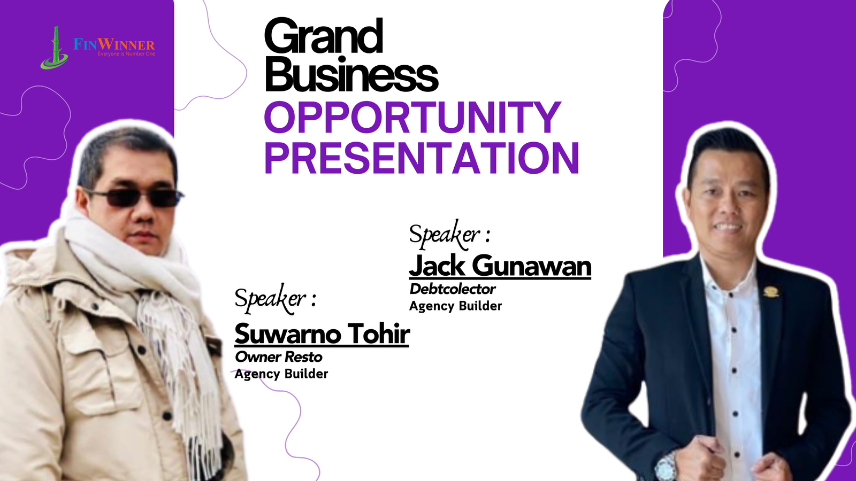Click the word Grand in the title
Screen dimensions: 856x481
pyautogui.click(x=323, y=37)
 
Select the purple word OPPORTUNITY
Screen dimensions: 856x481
pyautogui.click(x=412, y=117)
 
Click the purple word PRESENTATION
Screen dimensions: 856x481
pyautogui.click(x=422, y=158)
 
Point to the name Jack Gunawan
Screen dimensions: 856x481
pyautogui.click(x=500, y=266)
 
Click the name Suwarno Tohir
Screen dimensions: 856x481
pyautogui.click(x=322, y=333)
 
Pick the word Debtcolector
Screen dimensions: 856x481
pyautogui.click(x=453, y=289)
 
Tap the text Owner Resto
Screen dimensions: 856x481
pyautogui.click(x=279, y=357)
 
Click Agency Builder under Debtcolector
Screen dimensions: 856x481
pyautogui.click(x=455, y=306)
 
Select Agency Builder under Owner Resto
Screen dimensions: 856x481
pyautogui.click(x=281, y=374)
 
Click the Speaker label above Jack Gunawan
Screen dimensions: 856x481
pyautogui.click(x=449, y=234)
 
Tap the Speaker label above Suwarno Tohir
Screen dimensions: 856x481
pyautogui.click(x=275, y=299)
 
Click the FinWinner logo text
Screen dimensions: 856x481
pyautogui.click(x=114, y=44)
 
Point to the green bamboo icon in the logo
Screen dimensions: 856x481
pyautogui.click(x=54, y=48)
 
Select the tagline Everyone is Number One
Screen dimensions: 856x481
pyautogui.click(x=126, y=54)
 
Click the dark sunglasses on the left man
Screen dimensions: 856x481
pyautogui.click(x=134, y=198)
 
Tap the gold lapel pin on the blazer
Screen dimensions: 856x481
pyautogui.click(x=771, y=292)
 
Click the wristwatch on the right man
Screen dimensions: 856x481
pyautogui.click(x=666, y=467)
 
